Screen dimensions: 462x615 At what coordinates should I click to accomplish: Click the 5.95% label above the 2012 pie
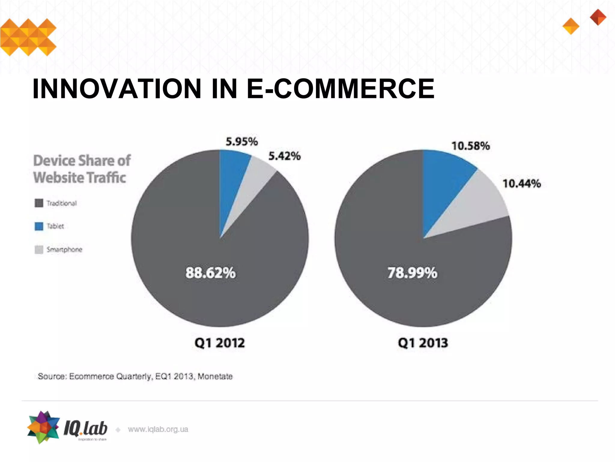tap(242, 142)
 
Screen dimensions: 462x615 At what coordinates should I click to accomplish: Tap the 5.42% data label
tap(284, 156)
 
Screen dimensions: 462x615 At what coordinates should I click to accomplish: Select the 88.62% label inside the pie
tap(211, 273)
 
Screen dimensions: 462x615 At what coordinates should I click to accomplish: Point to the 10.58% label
tap(471, 146)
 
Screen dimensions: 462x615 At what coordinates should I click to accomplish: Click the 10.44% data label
tap(522, 183)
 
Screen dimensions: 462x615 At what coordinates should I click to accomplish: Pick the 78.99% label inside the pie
tap(412, 273)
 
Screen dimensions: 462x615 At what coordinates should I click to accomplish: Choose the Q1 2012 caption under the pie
tap(220, 343)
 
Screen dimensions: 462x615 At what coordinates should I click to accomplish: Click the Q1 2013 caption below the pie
tap(423, 343)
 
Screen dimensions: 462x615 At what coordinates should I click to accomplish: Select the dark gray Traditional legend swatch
tap(39, 203)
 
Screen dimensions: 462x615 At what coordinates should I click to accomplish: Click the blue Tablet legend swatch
tap(39, 226)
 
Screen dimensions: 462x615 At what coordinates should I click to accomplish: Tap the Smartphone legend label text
tap(64, 249)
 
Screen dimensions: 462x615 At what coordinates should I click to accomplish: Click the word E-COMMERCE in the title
tap(340, 89)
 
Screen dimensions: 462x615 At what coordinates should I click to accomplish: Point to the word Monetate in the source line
tap(215, 376)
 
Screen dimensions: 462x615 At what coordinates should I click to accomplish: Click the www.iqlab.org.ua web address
tap(158, 429)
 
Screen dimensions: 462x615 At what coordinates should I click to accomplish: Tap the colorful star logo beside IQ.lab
tap(43, 427)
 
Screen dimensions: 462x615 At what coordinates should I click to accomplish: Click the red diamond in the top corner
tap(598, 17)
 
